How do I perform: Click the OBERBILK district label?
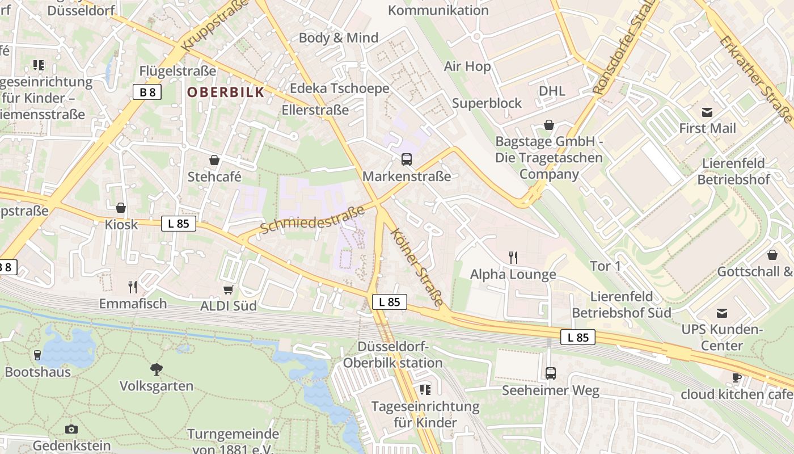[x=226, y=92]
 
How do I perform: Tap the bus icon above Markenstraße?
[x=407, y=159]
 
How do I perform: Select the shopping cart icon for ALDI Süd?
[x=229, y=290]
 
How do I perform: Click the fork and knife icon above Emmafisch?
[x=133, y=287]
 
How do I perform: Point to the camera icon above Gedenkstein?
[x=71, y=429]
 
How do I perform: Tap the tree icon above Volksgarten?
[x=157, y=369]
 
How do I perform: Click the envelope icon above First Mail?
[x=707, y=112]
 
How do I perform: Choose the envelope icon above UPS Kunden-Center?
[x=721, y=313]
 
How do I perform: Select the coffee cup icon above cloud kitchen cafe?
[x=737, y=377]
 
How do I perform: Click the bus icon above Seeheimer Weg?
[x=550, y=373]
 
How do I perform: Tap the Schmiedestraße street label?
[x=312, y=221]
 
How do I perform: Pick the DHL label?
[x=552, y=91]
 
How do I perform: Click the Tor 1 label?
[x=605, y=266]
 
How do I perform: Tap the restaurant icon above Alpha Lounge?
[x=513, y=258]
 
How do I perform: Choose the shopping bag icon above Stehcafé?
[x=214, y=160]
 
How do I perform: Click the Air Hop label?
[x=467, y=66]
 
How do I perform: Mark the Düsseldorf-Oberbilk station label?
[x=393, y=355]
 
